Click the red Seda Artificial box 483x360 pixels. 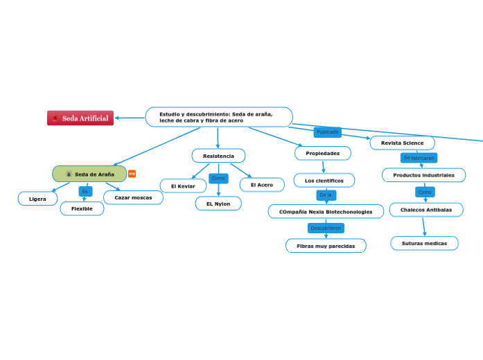[80, 118]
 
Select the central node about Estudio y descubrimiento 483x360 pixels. [218, 117]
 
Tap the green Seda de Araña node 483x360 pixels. [89, 174]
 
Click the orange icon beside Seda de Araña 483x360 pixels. [132, 174]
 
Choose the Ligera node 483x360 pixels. [37, 199]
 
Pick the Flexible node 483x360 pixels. [82, 208]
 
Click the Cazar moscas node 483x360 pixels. [133, 197]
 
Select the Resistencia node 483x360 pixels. [218, 156]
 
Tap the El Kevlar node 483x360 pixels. [183, 186]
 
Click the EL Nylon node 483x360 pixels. [218, 204]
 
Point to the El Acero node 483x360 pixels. [262, 185]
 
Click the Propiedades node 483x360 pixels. [323, 153]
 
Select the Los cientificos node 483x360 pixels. [324, 181]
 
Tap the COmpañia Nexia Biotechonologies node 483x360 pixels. [326, 212]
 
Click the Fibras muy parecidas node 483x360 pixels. [326, 246]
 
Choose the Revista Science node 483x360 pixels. [402, 143]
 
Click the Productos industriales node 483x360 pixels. [423, 175]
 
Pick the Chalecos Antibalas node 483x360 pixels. [425, 210]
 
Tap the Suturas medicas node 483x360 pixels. [424, 243]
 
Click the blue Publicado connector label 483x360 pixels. [328, 132]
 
